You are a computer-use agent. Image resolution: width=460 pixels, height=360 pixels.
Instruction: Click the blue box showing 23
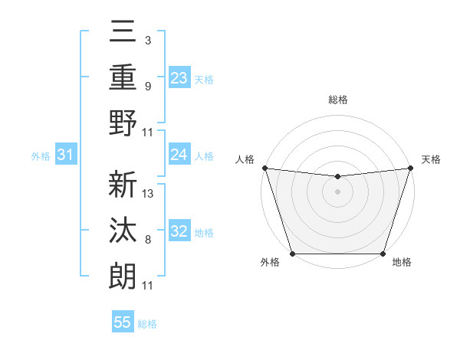coord(179,78)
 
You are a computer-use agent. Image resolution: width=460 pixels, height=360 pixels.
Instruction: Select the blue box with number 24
coord(179,155)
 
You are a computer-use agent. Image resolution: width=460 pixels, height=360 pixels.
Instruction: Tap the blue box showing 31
coord(66,155)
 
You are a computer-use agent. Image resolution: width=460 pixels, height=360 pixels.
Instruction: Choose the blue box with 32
coord(179,232)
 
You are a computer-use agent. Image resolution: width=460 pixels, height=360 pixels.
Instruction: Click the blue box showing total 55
coord(123,322)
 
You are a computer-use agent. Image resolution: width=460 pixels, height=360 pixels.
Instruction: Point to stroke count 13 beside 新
coord(149,194)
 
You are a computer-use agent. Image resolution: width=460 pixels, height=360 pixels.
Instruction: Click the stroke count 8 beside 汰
coord(148,240)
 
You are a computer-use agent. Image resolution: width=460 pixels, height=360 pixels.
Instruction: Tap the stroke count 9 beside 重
coord(148,86)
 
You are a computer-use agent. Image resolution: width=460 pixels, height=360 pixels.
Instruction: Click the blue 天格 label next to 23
coord(204,79)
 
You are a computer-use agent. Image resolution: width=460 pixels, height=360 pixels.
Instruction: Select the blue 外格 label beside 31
coord(41,156)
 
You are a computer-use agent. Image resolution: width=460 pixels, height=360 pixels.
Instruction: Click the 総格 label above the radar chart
coord(337,100)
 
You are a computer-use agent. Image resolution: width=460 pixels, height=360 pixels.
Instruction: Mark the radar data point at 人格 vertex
coord(264,168)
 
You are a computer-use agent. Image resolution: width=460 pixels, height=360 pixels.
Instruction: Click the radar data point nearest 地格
coord(383,254)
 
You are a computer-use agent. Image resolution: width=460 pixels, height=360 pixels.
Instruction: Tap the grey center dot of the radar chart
coord(337,191)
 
